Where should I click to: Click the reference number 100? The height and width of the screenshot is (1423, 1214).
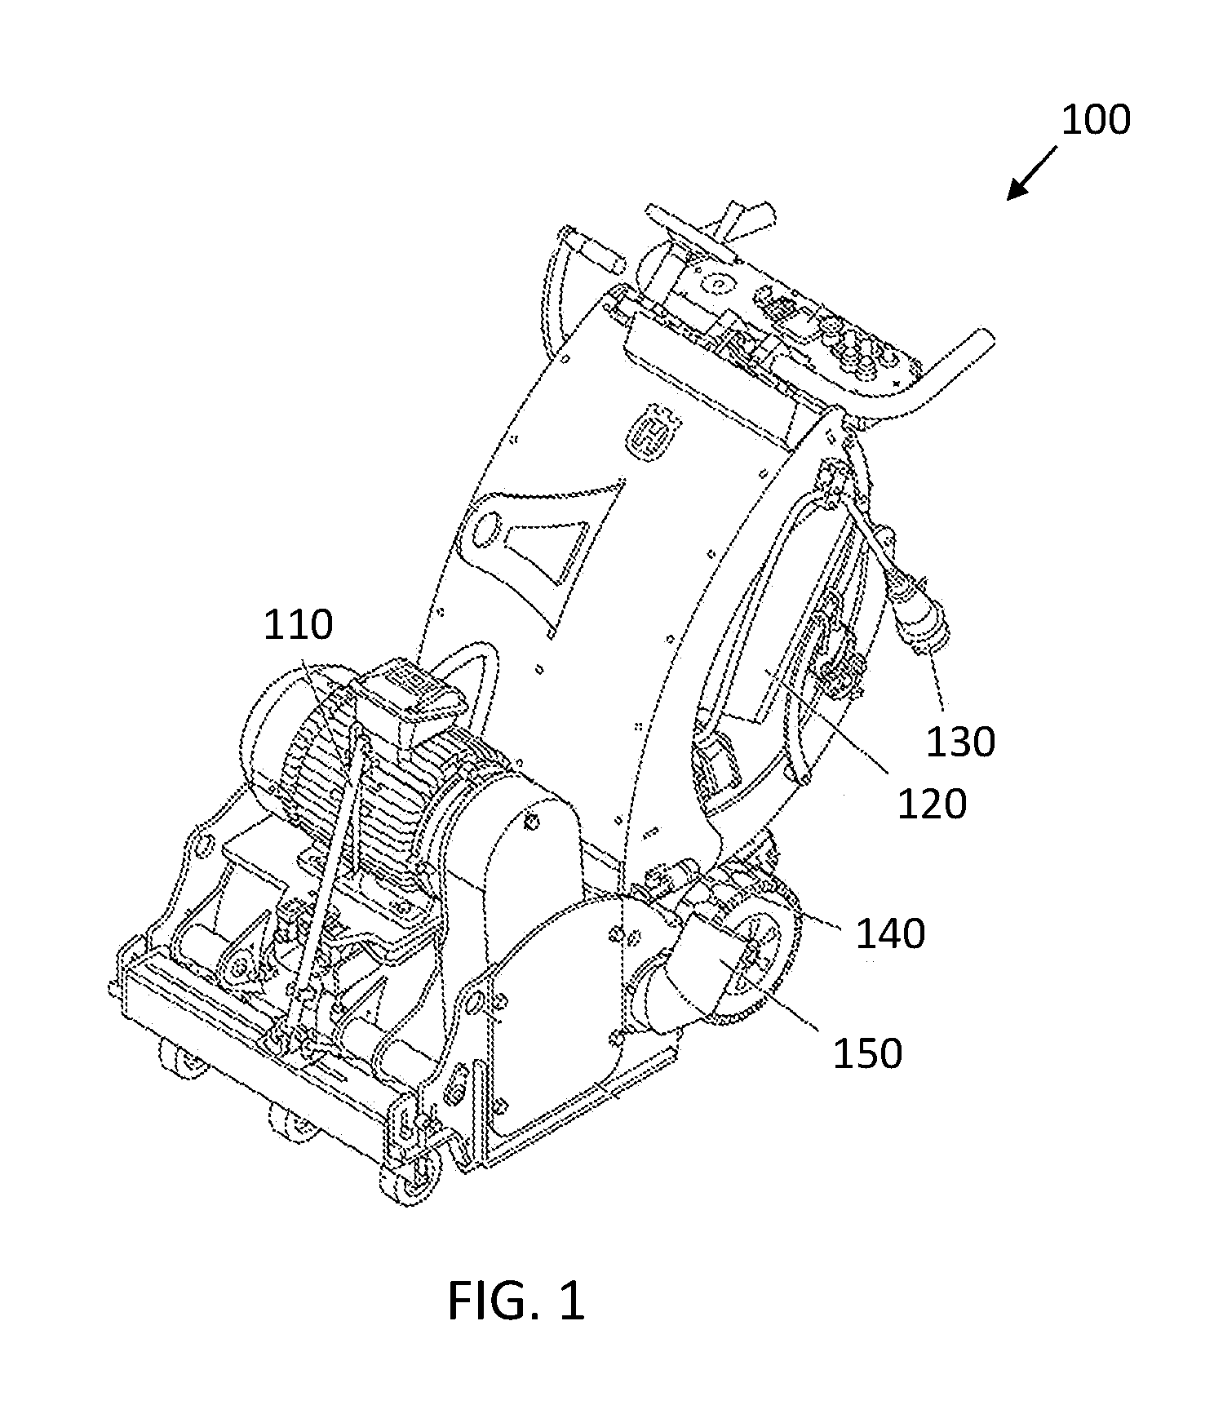(1095, 119)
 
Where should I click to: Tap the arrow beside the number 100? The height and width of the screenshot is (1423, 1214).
(1031, 174)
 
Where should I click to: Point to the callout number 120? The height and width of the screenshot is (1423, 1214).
(932, 805)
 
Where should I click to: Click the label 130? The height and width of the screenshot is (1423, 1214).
(960, 742)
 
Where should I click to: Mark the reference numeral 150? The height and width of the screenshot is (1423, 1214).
(867, 1054)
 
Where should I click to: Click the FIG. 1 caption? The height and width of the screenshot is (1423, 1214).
(516, 1300)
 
